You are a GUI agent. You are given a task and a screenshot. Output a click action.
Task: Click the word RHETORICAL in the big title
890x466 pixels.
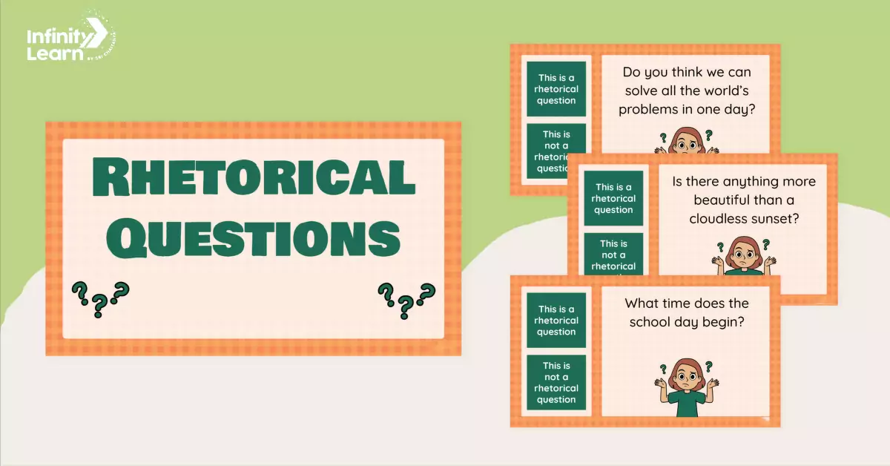tap(253, 180)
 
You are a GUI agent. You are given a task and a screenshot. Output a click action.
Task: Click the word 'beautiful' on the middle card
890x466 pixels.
tap(722, 200)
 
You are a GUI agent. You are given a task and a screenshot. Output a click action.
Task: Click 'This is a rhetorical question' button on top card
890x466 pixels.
tap(556, 89)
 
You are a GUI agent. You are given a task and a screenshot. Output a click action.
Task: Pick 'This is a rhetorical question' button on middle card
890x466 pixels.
tap(613, 198)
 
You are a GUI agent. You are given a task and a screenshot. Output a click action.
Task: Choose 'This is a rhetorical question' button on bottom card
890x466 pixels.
tap(556, 321)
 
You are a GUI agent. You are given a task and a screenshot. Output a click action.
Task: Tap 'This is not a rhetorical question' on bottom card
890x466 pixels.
tap(556, 383)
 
